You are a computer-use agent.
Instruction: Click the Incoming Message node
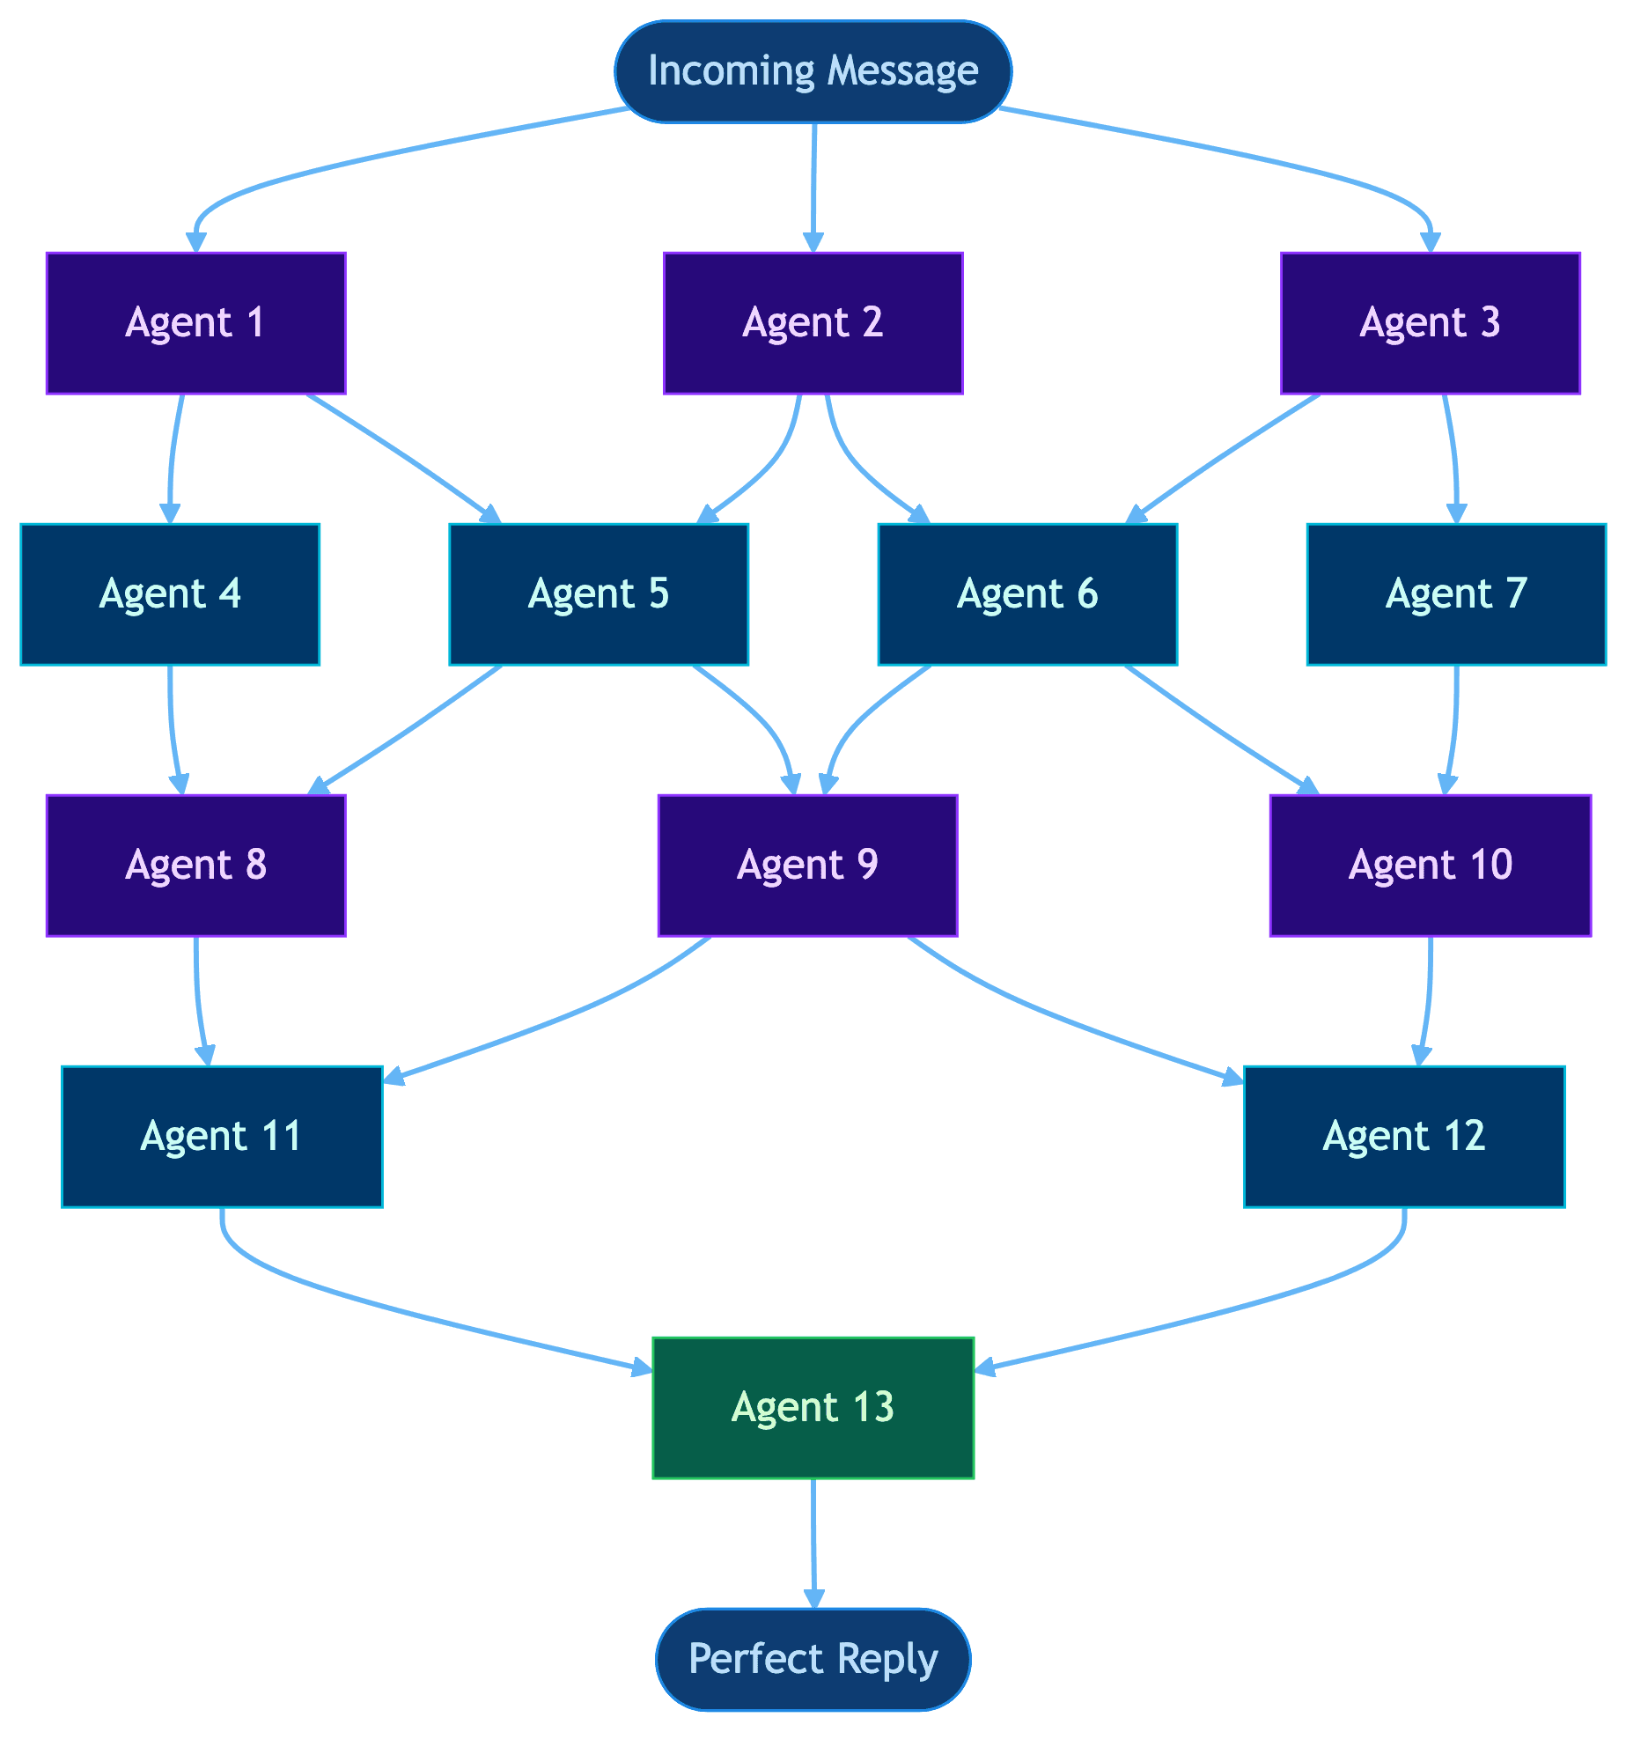click(813, 71)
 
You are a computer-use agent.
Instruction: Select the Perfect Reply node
click(813, 1659)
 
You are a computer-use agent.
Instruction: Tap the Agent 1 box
click(195, 323)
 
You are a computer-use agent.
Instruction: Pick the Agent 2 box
click(813, 323)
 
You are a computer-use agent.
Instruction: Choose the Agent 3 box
click(1430, 323)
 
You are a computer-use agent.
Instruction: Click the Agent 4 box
click(169, 593)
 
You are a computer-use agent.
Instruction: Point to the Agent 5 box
click(599, 593)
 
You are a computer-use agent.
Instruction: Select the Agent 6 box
click(1026, 593)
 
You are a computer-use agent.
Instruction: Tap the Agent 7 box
click(1456, 593)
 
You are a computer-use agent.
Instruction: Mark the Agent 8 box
click(195, 865)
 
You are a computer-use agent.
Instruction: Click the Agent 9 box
click(807, 865)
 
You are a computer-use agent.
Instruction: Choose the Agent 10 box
click(1430, 865)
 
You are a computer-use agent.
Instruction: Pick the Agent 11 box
click(222, 1136)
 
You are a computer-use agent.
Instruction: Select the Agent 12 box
click(1403, 1136)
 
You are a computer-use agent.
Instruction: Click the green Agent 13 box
click(813, 1406)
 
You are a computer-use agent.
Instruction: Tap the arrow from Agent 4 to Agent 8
click(171, 729)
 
